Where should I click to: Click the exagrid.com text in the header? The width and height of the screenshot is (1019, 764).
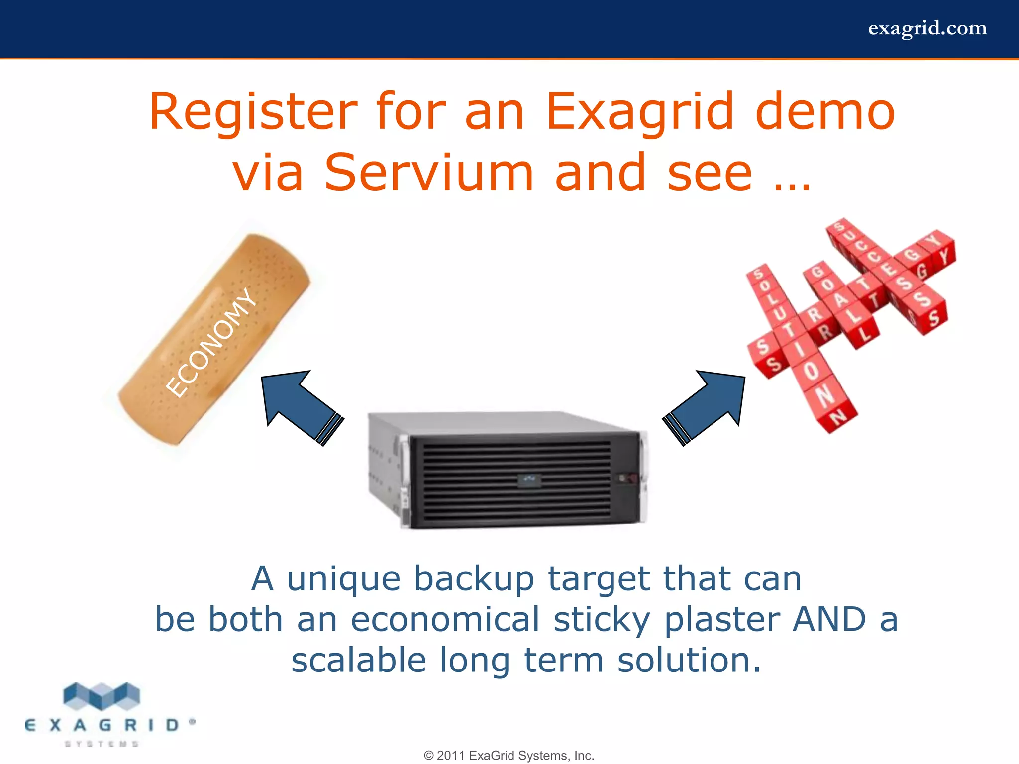[x=927, y=28]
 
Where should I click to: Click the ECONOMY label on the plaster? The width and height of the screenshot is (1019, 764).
[x=211, y=343]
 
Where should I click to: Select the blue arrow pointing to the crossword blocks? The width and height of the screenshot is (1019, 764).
[x=707, y=405]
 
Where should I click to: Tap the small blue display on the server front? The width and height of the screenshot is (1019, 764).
[x=529, y=480]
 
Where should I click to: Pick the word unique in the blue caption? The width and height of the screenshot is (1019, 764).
[x=343, y=579]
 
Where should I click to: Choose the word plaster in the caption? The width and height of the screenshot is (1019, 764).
[x=723, y=621]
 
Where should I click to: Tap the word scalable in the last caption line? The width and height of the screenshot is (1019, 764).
[x=359, y=661]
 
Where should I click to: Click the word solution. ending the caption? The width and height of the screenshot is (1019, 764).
[x=689, y=661]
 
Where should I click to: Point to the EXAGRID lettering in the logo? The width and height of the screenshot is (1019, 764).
[x=102, y=725]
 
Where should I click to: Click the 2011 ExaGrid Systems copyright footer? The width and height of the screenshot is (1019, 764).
[x=509, y=756]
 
